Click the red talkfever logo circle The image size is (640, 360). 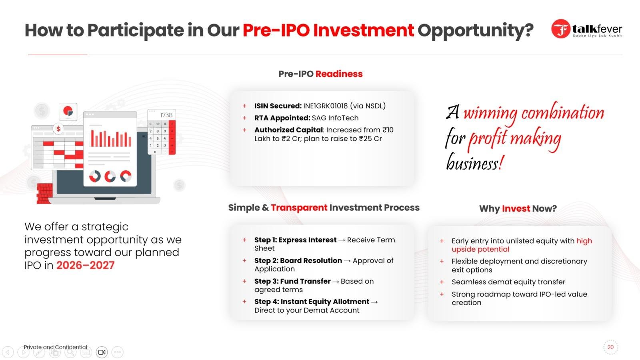(560, 29)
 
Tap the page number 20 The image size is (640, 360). (610, 347)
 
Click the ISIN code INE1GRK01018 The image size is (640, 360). (326, 106)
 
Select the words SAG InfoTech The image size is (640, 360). (335, 118)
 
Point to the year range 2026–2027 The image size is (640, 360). (85, 266)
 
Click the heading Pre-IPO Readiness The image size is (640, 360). (320, 74)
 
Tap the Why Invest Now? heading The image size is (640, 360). (518, 208)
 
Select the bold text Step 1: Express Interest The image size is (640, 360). (296, 240)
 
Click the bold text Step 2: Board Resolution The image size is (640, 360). (298, 260)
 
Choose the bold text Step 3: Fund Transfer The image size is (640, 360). (292, 281)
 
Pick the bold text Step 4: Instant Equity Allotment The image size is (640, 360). (312, 302)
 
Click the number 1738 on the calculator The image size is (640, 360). (166, 115)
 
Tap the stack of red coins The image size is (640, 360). (45, 194)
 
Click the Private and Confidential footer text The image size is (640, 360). (56, 347)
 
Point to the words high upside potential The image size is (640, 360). (522, 245)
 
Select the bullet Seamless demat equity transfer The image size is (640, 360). (508, 282)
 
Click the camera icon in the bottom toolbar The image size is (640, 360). (102, 352)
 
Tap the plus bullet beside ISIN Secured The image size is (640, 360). (244, 106)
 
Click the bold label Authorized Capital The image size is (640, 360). (288, 130)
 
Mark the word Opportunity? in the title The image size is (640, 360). (476, 30)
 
